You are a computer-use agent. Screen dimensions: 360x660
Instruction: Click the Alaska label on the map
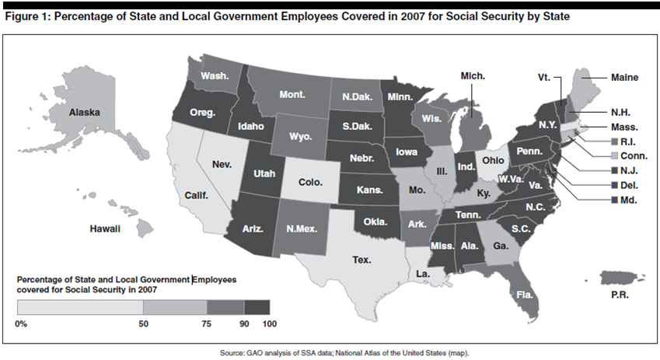tap(85, 113)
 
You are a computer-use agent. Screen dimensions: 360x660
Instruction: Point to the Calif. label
tap(197, 196)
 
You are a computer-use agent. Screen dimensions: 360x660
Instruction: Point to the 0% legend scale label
tap(22, 323)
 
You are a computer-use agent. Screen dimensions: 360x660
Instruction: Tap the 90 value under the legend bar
tap(243, 323)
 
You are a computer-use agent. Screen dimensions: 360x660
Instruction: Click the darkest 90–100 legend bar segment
tap(257, 309)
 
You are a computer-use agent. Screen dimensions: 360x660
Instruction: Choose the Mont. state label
tap(292, 95)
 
